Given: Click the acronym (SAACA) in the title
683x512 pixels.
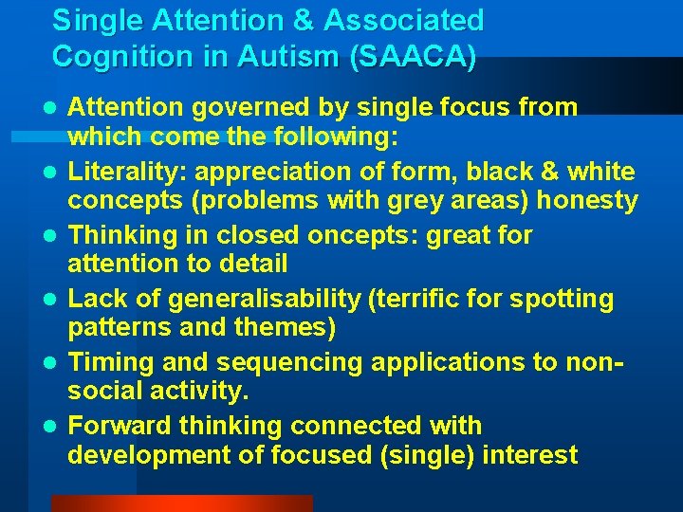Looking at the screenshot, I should [413, 56].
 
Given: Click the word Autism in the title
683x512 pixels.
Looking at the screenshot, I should [295, 56].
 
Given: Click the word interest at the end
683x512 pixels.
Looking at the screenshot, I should [529, 455].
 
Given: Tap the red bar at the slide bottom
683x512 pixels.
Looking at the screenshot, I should [180, 503].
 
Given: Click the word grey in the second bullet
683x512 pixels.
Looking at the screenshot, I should [445, 201].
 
